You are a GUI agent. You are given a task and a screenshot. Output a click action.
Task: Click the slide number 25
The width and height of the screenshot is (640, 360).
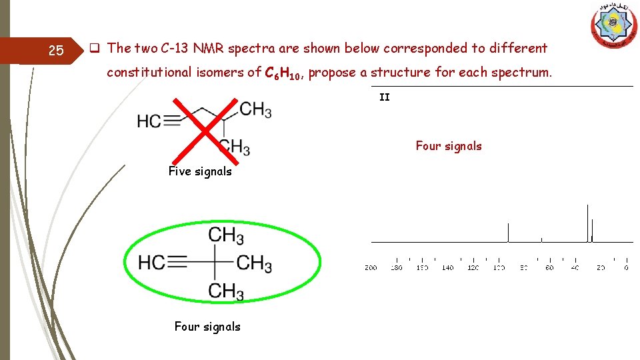(56, 51)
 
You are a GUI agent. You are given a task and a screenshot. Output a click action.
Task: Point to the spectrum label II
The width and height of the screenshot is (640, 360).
(385, 97)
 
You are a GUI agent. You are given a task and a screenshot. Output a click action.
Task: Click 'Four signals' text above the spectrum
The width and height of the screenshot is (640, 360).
(448, 146)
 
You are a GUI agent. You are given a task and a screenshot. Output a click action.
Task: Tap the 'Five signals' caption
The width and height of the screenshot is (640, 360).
(200, 171)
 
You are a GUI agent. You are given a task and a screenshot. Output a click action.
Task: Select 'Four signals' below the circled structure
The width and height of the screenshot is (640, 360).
(207, 327)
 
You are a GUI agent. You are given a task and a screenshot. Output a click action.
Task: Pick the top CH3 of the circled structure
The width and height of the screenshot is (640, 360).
(227, 235)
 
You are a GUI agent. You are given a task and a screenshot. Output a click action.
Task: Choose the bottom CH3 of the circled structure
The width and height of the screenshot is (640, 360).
(227, 291)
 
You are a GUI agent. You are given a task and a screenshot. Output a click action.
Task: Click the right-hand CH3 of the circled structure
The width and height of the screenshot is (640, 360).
(254, 263)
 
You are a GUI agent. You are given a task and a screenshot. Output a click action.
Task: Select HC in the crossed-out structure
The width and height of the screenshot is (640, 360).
(149, 121)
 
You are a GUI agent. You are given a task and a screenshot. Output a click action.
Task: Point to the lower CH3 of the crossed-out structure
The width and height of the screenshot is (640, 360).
(234, 147)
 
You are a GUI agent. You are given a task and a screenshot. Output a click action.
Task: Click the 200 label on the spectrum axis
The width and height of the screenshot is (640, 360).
(371, 267)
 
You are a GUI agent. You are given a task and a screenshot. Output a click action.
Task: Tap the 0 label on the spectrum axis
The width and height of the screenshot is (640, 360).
(626, 267)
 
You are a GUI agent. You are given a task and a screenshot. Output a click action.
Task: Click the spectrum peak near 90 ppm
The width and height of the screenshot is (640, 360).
(509, 233)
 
